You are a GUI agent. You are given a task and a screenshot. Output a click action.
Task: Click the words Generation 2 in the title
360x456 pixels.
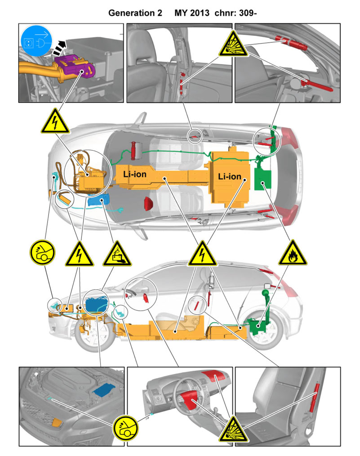click(135, 13)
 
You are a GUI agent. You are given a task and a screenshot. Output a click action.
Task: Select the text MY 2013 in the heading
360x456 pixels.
click(192, 13)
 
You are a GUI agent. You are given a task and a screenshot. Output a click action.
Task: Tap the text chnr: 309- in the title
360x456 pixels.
click(236, 13)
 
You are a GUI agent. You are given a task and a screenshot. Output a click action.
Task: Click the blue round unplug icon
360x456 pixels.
click(36, 41)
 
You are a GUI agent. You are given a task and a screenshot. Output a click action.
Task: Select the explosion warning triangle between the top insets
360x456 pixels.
click(233, 44)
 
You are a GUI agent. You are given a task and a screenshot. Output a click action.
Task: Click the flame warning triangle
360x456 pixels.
click(292, 253)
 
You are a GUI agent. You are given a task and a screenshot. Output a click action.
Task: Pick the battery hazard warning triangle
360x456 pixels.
click(117, 254)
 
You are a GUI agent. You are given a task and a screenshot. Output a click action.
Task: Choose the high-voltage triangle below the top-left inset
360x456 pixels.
click(55, 121)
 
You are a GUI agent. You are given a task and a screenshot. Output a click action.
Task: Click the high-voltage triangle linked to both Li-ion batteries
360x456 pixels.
click(202, 254)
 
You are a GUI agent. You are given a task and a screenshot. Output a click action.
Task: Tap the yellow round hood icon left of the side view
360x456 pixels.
click(42, 252)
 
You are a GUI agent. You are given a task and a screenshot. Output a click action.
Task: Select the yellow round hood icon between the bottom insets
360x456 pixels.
click(125, 428)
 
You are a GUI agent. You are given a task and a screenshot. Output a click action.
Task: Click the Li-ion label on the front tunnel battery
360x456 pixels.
click(135, 174)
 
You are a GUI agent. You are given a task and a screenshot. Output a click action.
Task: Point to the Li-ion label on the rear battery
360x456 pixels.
click(230, 176)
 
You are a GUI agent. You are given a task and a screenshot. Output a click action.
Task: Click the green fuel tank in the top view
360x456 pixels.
click(263, 178)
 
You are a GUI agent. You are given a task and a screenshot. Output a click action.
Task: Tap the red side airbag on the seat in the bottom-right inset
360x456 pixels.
click(314, 398)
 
